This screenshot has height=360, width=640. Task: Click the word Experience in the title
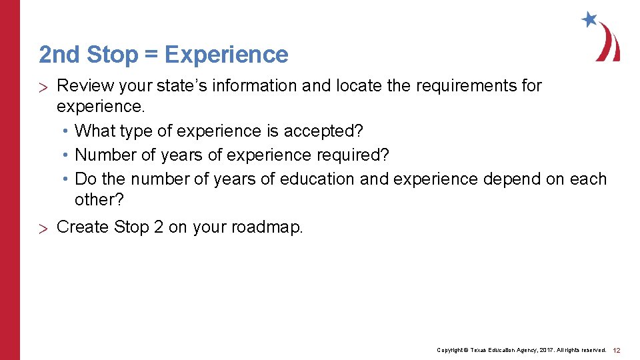[226, 55]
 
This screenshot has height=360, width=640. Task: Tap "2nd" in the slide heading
[60, 55]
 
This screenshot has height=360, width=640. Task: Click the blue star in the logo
[589, 19]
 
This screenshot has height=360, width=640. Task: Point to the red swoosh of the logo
[610, 44]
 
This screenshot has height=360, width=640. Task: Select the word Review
[83, 86]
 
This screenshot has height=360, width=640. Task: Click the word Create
[83, 227]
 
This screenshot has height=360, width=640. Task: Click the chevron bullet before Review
[45, 87]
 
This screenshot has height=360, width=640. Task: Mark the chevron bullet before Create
[45, 229]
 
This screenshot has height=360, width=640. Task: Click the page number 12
[617, 350]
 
